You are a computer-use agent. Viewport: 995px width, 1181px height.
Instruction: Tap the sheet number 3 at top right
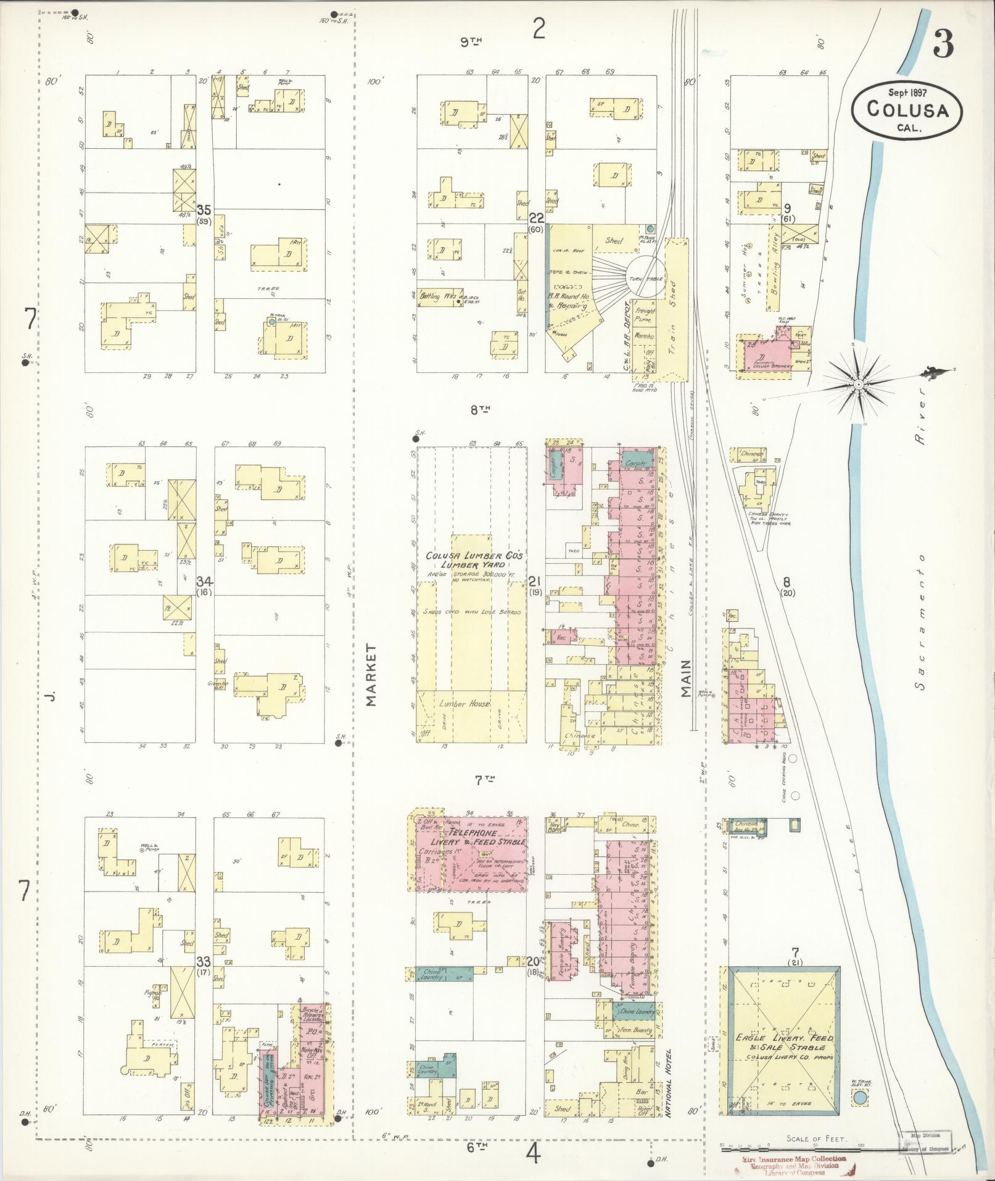coord(943,44)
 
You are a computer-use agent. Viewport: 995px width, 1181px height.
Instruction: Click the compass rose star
coord(857,385)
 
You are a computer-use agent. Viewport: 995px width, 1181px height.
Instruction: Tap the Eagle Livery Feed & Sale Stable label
coord(783,1043)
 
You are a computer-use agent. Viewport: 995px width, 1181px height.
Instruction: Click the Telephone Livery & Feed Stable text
coord(470,837)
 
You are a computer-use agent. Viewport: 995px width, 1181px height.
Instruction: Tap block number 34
coord(204,581)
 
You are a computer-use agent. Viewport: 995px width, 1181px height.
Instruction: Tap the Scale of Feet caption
coord(817,1139)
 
